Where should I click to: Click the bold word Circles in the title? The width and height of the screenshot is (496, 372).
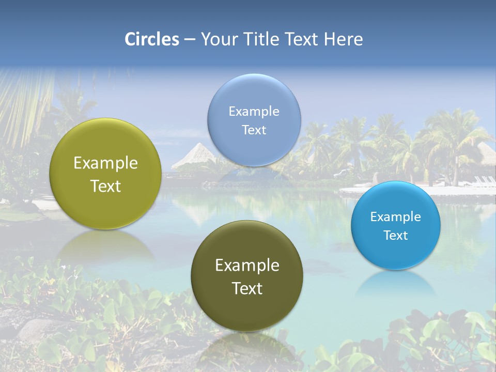pyautogui.click(x=152, y=39)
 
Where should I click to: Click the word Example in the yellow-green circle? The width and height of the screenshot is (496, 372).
pyautogui.click(x=105, y=163)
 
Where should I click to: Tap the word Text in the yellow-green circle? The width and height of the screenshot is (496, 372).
pyautogui.click(x=105, y=186)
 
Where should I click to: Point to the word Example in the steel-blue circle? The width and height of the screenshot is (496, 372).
pyautogui.click(x=254, y=111)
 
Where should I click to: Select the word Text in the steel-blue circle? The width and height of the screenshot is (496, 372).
pyautogui.click(x=254, y=130)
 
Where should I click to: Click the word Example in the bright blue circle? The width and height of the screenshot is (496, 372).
pyautogui.click(x=396, y=217)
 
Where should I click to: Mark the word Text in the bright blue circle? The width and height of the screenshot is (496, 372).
pyautogui.click(x=396, y=236)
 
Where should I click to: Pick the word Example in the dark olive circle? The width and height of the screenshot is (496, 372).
pyautogui.click(x=247, y=266)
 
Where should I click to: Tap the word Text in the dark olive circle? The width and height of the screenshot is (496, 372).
pyautogui.click(x=247, y=288)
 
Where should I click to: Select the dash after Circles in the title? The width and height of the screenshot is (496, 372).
pyautogui.click(x=190, y=40)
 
